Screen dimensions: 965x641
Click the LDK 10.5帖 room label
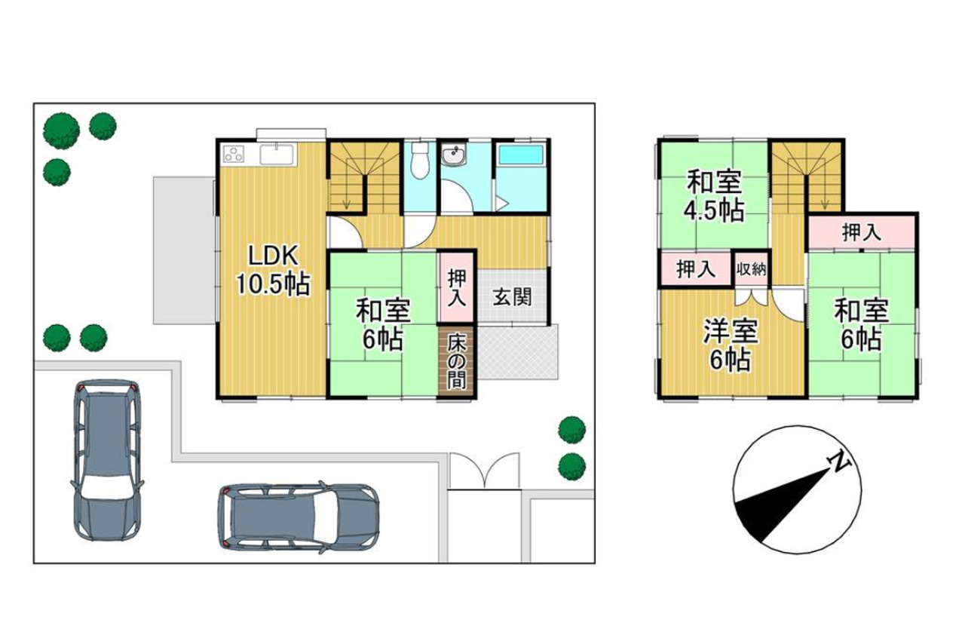(x=273, y=270)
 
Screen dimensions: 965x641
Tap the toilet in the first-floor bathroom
(x=420, y=160)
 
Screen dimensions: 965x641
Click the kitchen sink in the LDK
(x=277, y=155)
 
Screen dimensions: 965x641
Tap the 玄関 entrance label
(x=513, y=297)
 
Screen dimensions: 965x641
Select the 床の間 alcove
(x=457, y=361)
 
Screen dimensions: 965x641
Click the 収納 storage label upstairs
(x=751, y=270)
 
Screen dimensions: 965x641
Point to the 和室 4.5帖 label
(x=714, y=196)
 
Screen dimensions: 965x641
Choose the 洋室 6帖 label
(x=731, y=345)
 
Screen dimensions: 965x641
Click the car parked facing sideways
(x=299, y=517)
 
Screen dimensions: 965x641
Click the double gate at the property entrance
(x=485, y=471)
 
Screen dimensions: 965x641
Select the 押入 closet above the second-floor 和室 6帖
(x=862, y=232)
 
